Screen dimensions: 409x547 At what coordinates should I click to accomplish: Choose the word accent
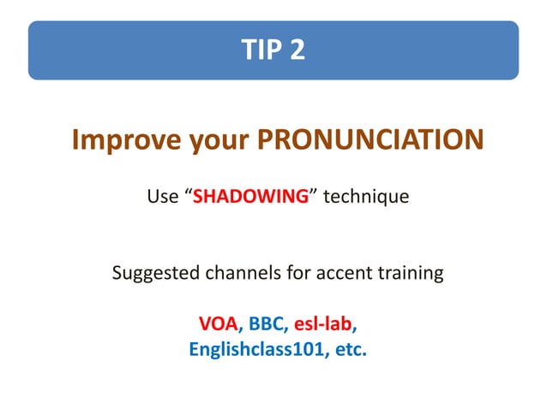click(336, 275)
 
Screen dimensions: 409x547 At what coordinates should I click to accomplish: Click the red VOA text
click(218, 325)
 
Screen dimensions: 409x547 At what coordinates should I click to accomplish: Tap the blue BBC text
click(267, 325)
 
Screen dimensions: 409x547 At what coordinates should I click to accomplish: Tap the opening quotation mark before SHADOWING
click(189, 194)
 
